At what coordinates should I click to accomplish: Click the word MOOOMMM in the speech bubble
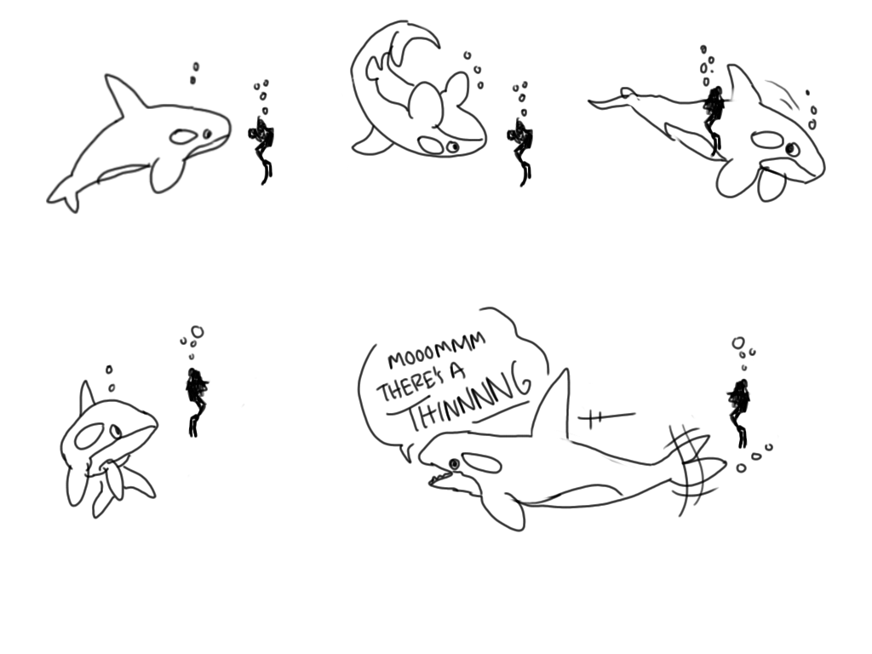click(437, 351)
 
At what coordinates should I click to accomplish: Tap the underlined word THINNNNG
click(468, 399)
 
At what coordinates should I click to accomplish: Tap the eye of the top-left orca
click(207, 134)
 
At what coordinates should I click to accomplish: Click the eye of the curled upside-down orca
click(453, 146)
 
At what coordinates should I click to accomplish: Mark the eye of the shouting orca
click(454, 464)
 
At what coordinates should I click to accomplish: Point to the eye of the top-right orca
click(790, 149)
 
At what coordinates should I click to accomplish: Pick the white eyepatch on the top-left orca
click(183, 135)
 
